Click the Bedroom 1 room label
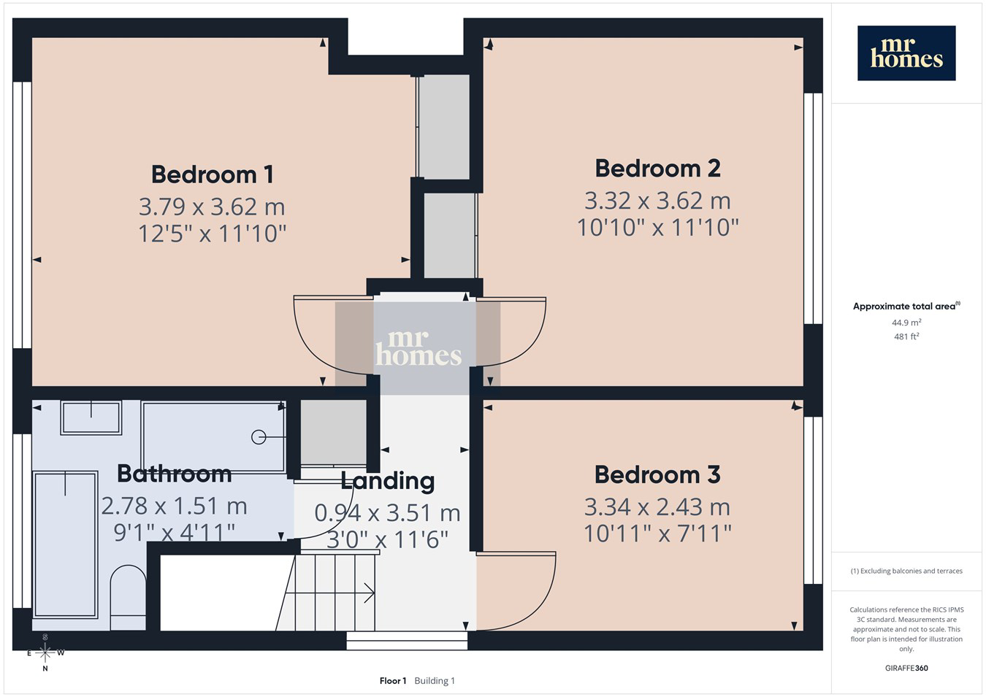coord(213,174)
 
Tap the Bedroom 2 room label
coord(657,169)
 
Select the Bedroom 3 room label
coord(657,475)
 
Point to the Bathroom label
coord(175,474)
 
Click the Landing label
coord(388,481)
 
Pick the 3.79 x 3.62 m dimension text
coord(212,207)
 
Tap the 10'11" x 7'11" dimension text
coord(657,534)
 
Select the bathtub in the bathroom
coord(65,545)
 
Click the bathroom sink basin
coord(91,417)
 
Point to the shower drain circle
coord(259,437)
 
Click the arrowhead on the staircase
coord(369,593)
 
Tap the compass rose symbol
coord(45,652)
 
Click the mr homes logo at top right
coord(906,53)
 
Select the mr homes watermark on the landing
coord(419,348)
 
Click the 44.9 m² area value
coord(906,323)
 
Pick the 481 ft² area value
coord(906,336)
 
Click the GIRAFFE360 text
coord(906,668)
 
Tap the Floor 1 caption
coord(393,681)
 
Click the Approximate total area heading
coord(906,306)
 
